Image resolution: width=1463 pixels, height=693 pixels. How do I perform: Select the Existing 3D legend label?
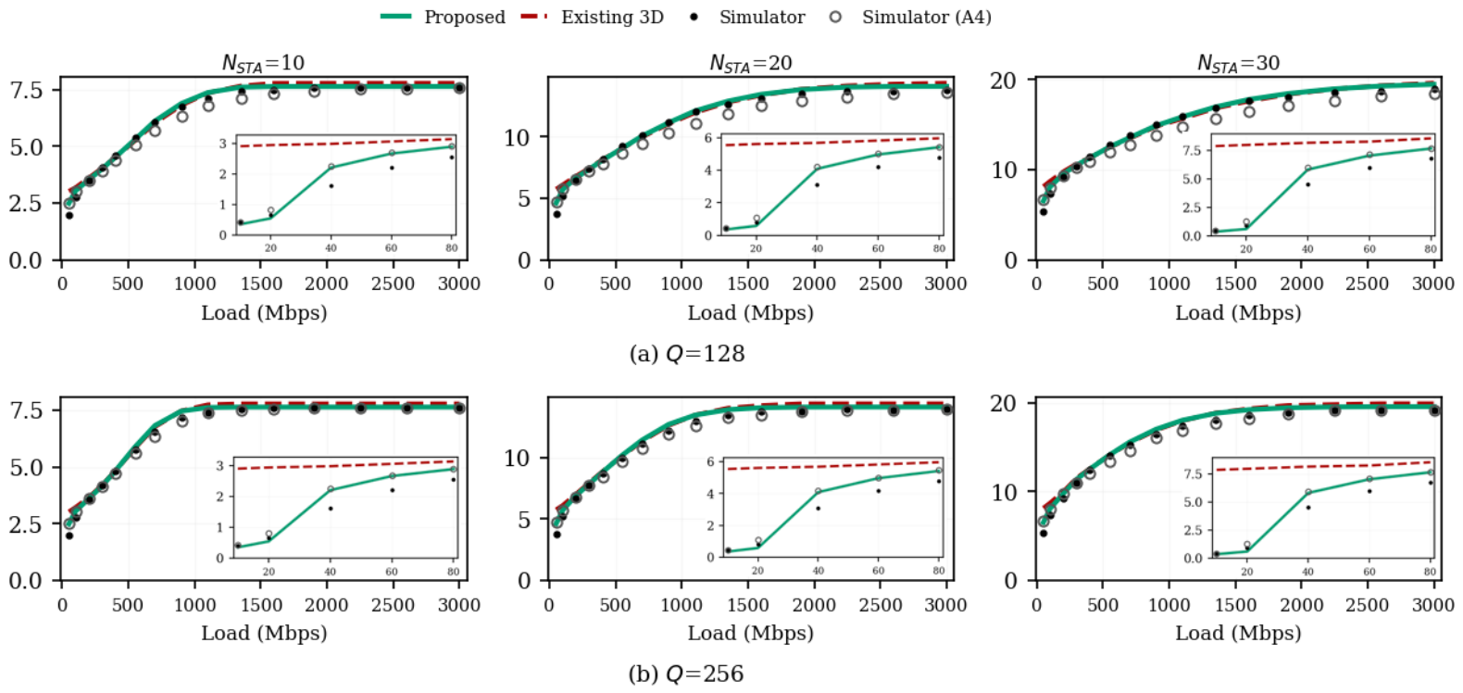pos(612,17)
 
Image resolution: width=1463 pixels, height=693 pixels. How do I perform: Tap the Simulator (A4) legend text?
pos(927,17)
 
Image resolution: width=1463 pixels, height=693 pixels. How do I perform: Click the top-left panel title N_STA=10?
pos(263,63)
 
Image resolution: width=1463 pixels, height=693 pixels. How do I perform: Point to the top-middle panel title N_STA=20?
pos(750,63)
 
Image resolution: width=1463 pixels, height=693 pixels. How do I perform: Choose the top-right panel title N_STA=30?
pos(1238,63)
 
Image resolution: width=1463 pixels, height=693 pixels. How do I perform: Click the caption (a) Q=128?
pos(686,354)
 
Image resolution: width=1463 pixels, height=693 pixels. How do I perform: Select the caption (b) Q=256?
pos(686,674)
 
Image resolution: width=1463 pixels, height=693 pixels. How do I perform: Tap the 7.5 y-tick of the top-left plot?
pos(26,90)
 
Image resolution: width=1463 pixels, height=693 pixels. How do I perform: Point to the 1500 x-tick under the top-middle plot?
pos(748,283)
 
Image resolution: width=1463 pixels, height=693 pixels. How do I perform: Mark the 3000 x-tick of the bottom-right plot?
pos(1433,605)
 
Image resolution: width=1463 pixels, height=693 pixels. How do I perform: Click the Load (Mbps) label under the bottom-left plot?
pos(264,633)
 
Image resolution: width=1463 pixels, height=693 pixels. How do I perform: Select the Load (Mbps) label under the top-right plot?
pos(1238,313)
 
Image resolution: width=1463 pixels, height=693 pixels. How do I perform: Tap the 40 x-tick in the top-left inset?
pos(331,248)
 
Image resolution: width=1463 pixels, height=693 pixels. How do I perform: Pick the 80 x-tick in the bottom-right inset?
pos(1431,572)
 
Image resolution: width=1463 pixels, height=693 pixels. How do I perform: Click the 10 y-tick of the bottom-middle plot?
pos(517,459)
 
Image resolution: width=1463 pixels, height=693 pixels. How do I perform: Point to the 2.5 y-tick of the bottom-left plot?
pos(26,523)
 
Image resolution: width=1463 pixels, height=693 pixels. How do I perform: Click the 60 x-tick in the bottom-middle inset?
pos(879,571)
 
